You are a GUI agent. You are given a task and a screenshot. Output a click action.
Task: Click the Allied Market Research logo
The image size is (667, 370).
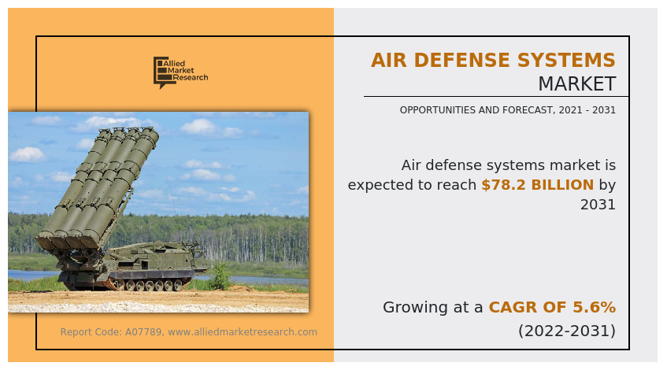(x=180, y=72)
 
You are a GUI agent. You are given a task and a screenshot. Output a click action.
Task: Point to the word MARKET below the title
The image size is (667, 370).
(x=576, y=84)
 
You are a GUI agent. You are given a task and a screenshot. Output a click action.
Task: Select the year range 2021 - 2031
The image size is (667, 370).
(x=584, y=110)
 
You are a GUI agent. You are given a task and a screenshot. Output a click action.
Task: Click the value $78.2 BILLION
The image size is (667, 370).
(x=537, y=185)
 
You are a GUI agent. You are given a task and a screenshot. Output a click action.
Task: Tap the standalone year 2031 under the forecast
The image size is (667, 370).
(x=598, y=205)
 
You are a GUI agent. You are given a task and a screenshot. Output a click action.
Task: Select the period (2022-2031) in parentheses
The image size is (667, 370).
(x=566, y=331)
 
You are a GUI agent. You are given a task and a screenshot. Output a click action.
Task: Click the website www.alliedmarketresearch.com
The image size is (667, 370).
(x=243, y=332)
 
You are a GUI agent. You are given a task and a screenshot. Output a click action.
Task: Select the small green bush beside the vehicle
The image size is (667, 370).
(x=220, y=276)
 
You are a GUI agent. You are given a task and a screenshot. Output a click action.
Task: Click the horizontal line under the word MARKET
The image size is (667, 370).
(x=495, y=97)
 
